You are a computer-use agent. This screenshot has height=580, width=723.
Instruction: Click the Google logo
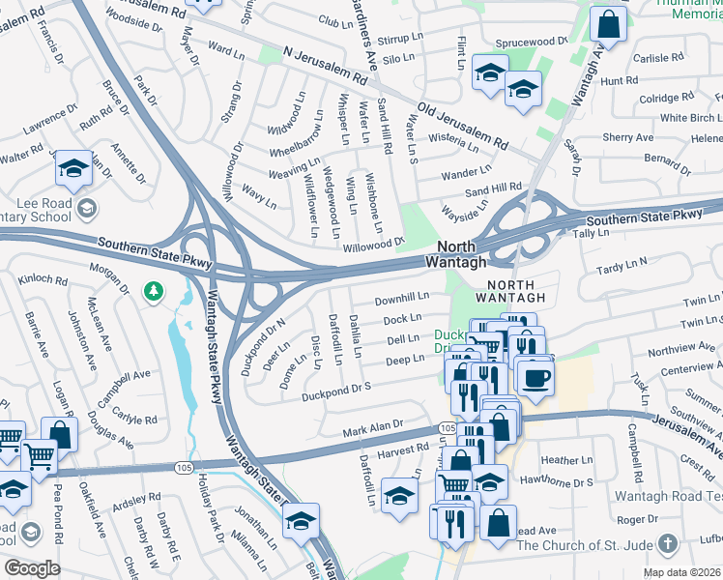tap(33, 568)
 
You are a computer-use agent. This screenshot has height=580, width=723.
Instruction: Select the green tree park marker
tap(153, 290)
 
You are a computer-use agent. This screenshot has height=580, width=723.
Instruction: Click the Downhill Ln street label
tap(401, 300)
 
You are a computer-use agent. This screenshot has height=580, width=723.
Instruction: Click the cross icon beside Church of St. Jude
tap(666, 544)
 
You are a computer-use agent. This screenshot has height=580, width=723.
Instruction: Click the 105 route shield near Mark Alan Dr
tap(447, 426)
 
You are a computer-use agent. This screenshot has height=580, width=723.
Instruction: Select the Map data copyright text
tap(682, 572)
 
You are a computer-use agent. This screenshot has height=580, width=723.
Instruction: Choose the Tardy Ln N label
tap(622, 266)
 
